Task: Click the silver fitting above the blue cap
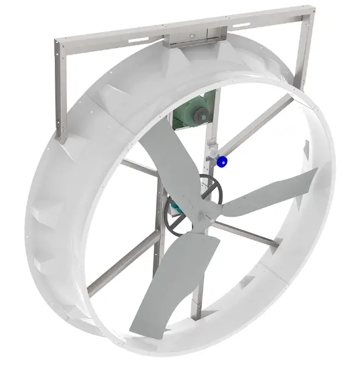click(x=214, y=150)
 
